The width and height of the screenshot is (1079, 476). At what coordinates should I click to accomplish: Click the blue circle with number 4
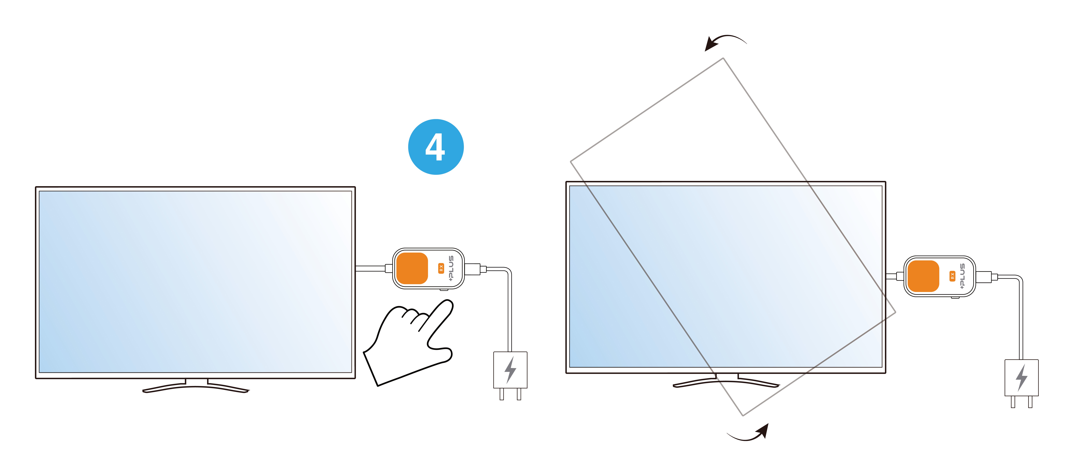(436, 147)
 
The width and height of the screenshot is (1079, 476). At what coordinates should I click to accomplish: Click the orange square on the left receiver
(412, 268)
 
